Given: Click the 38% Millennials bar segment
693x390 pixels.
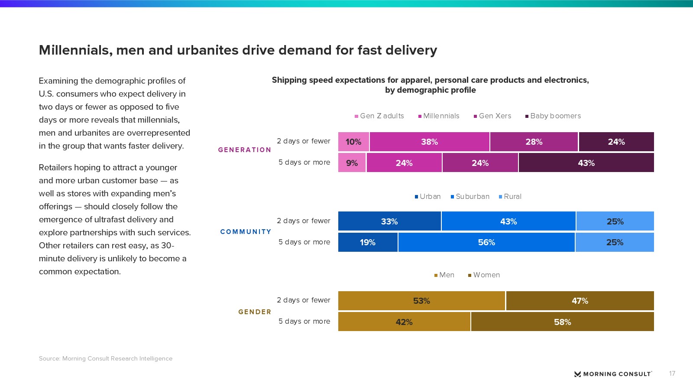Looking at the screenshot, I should point(429,142).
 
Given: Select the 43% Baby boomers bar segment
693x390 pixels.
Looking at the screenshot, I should point(586,163).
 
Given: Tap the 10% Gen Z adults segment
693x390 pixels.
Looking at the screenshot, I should point(353,142).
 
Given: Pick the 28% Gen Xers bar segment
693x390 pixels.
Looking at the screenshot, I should point(534,142).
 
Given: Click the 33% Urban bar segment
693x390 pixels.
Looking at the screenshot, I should point(389,221).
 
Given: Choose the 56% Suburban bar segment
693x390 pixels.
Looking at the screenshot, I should point(486,242).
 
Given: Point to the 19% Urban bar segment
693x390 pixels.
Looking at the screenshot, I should point(368,242).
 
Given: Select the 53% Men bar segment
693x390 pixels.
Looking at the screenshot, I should point(421,301).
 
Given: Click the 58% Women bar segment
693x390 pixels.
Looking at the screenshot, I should point(562,322).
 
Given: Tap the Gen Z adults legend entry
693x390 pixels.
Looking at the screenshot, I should point(379,116).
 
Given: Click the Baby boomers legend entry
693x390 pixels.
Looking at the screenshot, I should point(553,116).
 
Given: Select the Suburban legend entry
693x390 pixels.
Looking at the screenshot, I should point(470,197).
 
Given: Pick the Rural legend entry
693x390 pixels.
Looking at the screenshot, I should point(510,197).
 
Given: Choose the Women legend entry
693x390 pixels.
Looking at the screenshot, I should point(484,275).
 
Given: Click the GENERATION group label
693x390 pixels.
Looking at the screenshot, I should point(245,150).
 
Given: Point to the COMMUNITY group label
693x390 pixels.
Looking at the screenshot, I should point(246,232).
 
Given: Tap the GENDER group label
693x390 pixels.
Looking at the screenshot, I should point(255,312).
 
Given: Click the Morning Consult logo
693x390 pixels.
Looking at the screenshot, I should point(613,374).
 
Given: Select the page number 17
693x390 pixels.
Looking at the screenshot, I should point(672,374).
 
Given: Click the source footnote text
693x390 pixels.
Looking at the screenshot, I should point(106,358).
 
